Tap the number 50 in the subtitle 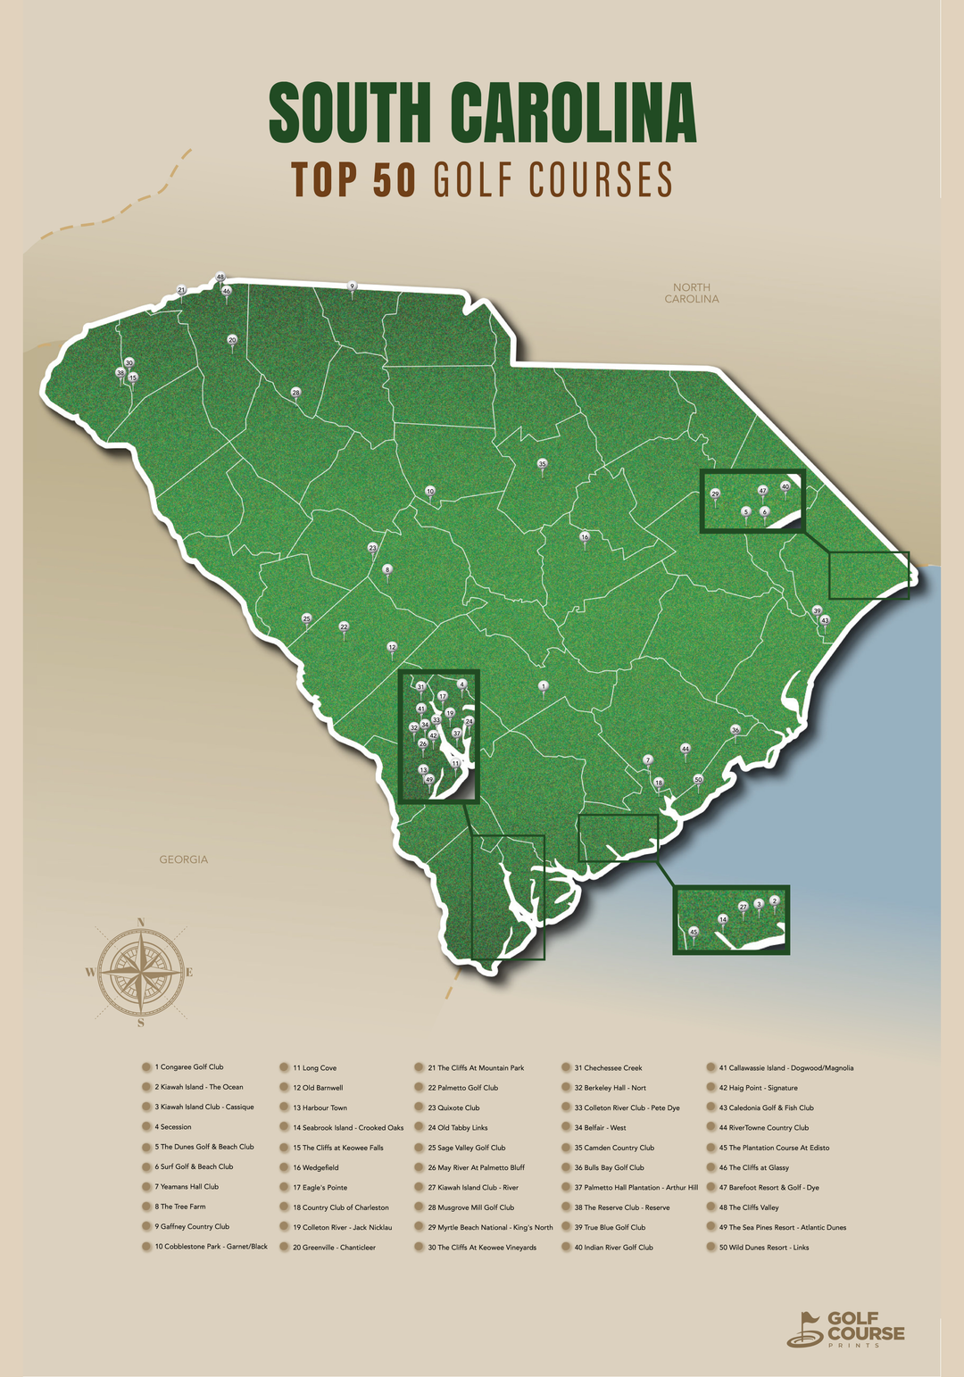click(394, 179)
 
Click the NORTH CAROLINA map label click(691, 293)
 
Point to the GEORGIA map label click(183, 859)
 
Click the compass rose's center click(141, 972)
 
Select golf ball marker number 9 click(352, 286)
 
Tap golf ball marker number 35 click(542, 463)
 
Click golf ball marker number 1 click(543, 685)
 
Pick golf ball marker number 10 click(429, 491)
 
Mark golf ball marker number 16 click(585, 537)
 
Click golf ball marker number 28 click(295, 393)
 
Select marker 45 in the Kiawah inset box click(694, 931)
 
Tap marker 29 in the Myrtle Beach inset click(715, 494)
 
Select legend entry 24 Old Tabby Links click(457, 1128)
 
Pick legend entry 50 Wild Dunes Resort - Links click(763, 1248)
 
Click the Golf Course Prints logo click(845, 1329)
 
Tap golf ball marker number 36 click(735, 730)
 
